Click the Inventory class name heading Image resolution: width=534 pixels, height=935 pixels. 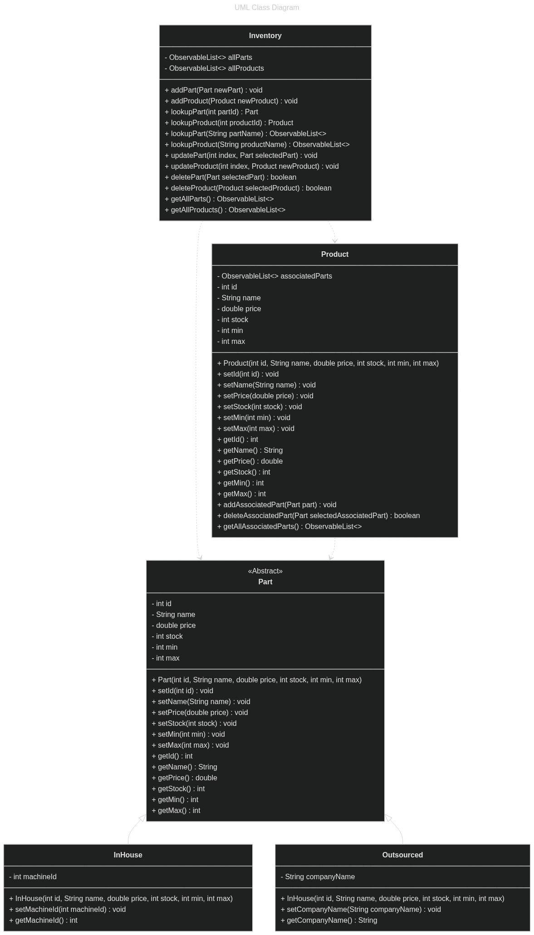265,36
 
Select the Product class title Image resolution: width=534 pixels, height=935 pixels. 334,255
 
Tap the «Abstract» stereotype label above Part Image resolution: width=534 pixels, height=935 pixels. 265,571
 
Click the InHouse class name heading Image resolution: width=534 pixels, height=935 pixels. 128,855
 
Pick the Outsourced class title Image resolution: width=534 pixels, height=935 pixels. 402,855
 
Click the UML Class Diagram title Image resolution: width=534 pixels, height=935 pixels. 267,7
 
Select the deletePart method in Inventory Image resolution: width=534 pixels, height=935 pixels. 230,177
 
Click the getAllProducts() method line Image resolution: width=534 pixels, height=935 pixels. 225,210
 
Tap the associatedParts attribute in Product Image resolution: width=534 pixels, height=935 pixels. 274,276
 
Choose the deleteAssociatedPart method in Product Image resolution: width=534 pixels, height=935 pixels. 318,516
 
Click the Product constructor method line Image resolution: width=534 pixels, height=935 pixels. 328,363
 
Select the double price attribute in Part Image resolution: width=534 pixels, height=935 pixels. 174,626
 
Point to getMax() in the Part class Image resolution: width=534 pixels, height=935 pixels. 176,811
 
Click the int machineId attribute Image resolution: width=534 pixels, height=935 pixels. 33,877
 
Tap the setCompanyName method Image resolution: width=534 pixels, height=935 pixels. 361,910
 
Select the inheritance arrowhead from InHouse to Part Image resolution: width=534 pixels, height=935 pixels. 142,818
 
